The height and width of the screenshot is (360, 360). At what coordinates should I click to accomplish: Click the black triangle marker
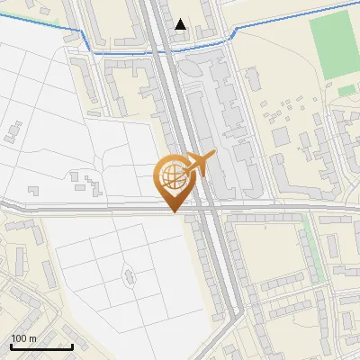coord(181,24)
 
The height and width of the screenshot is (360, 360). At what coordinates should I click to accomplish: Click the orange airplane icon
coord(200,165)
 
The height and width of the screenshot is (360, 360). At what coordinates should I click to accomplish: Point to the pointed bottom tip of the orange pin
coord(172,211)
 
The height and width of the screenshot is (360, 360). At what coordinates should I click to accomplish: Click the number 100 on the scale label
coord(19,338)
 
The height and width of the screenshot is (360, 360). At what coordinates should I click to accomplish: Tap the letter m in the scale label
coord(32,338)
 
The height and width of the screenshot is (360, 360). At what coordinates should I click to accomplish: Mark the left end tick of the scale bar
coord(11,346)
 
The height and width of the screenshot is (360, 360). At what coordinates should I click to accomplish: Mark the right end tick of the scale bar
coord(72,346)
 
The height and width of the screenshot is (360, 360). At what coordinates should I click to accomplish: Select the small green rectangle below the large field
coord(346,90)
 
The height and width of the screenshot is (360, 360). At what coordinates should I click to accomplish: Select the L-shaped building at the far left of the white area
coord(13,130)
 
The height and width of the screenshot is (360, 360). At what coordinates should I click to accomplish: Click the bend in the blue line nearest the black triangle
coord(235,31)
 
